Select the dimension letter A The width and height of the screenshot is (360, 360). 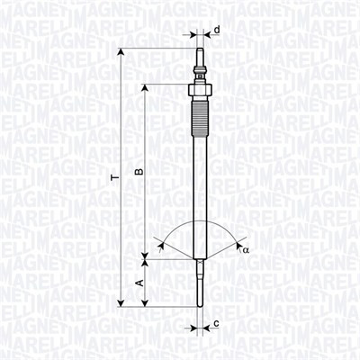tap(139, 283)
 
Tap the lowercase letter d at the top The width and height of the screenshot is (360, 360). tap(217, 30)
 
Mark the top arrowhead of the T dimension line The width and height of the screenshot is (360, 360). tap(120, 44)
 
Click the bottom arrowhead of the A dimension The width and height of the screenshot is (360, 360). tap(145, 301)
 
